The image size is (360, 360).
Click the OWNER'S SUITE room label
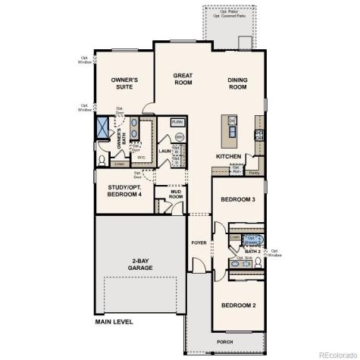124,83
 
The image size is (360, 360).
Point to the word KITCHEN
228,156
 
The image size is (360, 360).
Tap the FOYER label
199,243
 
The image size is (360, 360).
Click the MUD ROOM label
176,193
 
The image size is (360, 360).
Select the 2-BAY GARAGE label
139,264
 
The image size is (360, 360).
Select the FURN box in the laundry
177,122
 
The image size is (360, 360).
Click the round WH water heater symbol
180,136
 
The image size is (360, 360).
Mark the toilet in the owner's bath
103,160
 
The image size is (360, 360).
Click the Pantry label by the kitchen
253,172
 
